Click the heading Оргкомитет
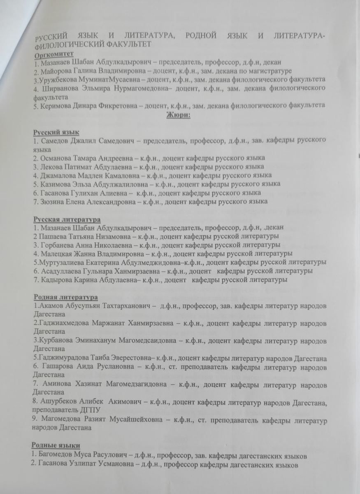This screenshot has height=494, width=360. tap(54, 54)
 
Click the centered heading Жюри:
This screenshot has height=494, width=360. tap(179, 115)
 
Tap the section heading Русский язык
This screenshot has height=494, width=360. tap(56, 132)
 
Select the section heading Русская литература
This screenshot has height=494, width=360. tap(67, 219)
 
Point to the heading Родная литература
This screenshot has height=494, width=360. tap(65, 297)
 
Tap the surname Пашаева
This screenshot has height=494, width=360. tap(52, 236)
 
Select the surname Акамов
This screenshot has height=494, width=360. tap(50, 306)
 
